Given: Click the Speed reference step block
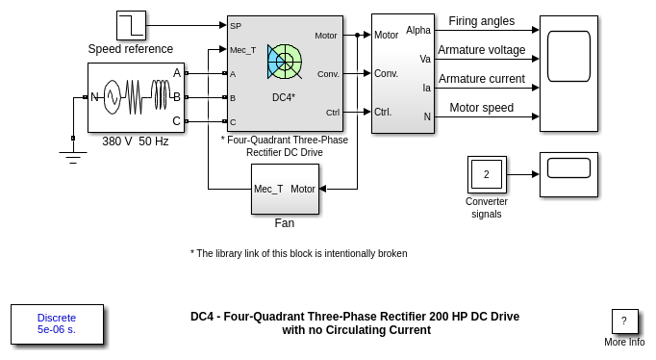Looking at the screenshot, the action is tap(131, 26).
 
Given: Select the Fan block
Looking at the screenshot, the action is tap(285, 190).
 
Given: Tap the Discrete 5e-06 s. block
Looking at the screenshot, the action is tap(57, 324).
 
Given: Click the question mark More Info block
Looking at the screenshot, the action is tap(624, 321).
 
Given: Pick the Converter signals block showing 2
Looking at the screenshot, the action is tap(487, 174).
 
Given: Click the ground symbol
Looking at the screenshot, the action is tap(73, 157).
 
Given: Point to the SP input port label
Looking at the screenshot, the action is tap(236, 26).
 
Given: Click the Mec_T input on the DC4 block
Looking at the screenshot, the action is tap(242, 50).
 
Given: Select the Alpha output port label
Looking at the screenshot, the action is tap(418, 30).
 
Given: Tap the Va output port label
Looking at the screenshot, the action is tap(425, 59).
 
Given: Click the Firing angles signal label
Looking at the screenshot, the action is tap(482, 21).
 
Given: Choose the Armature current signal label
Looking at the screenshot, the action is tap(482, 79).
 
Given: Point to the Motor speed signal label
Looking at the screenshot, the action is tap(482, 108).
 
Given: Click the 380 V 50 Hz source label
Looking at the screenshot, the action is tap(135, 141).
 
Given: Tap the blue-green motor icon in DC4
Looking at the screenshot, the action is tap(285, 62).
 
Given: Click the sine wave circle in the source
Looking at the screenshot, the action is tap(113, 97).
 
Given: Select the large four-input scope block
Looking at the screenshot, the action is tap(569, 74).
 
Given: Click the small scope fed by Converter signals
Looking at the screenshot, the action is tap(569, 174).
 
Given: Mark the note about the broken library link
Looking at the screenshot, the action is tap(299, 254).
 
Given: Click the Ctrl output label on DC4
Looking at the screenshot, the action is tap(333, 113).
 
